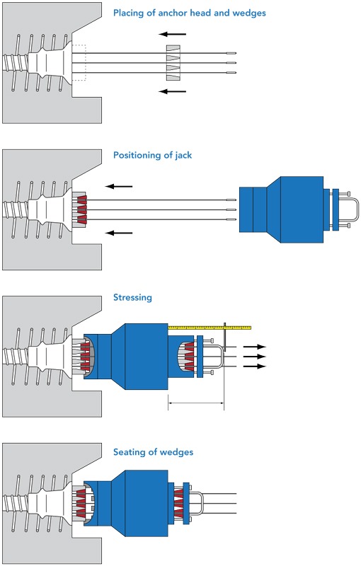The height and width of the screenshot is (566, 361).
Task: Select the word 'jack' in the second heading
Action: pos(183,156)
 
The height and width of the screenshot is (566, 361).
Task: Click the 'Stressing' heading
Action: pos(132,297)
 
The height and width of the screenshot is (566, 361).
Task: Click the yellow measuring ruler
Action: pos(210,328)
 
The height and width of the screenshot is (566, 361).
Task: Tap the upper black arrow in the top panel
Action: pos(173,34)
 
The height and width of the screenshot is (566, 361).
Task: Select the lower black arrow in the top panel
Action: pos(173,91)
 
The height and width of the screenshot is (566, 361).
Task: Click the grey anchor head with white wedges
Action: pos(173,63)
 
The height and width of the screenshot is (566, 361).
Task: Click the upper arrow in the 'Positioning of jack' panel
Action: pos(119,186)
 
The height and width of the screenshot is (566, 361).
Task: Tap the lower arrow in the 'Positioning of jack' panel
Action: pos(119,233)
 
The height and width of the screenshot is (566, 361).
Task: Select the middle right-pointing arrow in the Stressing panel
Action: pos(255,357)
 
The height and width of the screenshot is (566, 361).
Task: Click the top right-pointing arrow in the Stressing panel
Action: pos(255,347)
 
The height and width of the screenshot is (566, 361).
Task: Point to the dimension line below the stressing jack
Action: pos(196,403)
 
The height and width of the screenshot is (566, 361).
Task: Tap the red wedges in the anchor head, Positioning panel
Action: pos(81,209)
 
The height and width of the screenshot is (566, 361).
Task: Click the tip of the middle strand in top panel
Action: pos(236,63)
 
